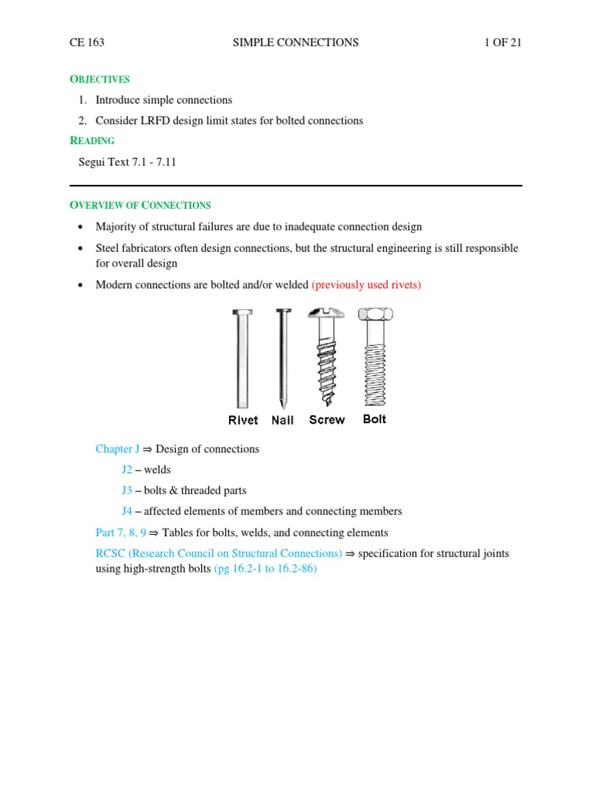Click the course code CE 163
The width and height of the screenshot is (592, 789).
click(x=86, y=43)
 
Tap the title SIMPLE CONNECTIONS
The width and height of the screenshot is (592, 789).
click(x=295, y=43)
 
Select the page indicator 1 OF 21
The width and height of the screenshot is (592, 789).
click(x=503, y=43)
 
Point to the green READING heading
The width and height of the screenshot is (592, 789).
click(x=92, y=141)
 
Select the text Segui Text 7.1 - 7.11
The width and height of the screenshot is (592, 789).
click(x=127, y=162)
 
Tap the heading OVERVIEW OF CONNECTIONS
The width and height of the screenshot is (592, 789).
click(x=140, y=206)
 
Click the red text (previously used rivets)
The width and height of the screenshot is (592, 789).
click(x=366, y=285)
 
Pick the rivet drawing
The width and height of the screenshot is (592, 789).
click(x=243, y=358)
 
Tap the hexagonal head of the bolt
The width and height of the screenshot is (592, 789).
click(x=375, y=314)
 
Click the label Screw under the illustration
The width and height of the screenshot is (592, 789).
click(x=327, y=420)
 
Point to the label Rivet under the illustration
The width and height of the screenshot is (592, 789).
click(x=244, y=420)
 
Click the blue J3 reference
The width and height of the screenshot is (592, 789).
click(x=127, y=490)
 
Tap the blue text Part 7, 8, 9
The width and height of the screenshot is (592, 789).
click(x=120, y=532)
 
